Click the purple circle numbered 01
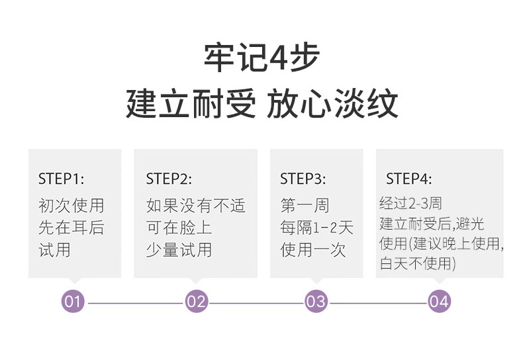pyautogui.click(x=73, y=301)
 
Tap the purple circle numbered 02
pyautogui.click(x=197, y=301)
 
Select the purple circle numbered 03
pyautogui.click(x=316, y=301)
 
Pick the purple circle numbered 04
pyautogui.click(x=440, y=301)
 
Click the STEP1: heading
pyautogui.click(x=61, y=179)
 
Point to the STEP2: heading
pyautogui.click(x=169, y=179)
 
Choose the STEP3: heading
pyautogui.click(x=303, y=179)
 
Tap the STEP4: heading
pyautogui.click(x=409, y=179)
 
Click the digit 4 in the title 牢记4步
pyautogui.click(x=277, y=58)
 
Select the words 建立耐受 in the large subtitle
pyautogui.click(x=191, y=103)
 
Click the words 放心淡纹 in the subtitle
pyautogui.click(x=332, y=103)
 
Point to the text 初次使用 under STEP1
pyautogui.click(x=71, y=205)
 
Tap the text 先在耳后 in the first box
pyautogui.click(x=71, y=228)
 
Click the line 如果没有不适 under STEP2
pyautogui.click(x=196, y=205)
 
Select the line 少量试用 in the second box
pyautogui.click(x=179, y=250)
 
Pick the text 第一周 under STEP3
pyautogui.click(x=305, y=205)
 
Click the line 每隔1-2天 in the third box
pyautogui.click(x=316, y=228)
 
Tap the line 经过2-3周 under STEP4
pyautogui.click(x=410, y=203)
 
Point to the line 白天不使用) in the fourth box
pyautogui.click(x=418, y=263)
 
